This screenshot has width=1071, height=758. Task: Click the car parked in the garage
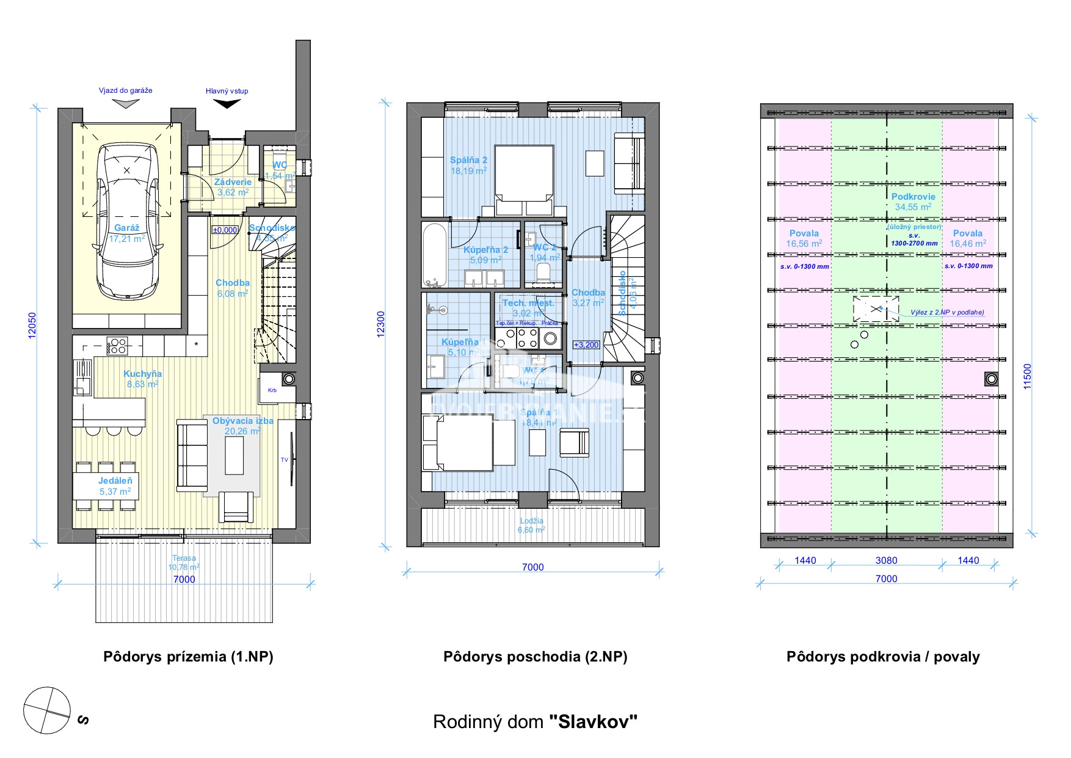coord(127,221)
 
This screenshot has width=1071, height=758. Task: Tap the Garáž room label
coord(127,228)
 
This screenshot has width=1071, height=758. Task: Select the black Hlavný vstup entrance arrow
coord(227,104)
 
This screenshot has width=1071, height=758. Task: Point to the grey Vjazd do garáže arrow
coord(126,104)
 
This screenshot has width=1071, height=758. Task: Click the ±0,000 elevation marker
coord(225,230)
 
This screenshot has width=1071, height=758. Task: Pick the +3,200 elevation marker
coord(586,345)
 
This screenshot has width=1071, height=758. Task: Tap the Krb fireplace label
coord(272,390)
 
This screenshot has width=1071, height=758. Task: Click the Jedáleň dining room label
coord(115,481)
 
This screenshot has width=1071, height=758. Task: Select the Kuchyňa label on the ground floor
coord(142,374)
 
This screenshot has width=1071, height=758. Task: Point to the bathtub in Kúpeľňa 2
coord(434,255)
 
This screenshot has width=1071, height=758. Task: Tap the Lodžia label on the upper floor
coord(531,521)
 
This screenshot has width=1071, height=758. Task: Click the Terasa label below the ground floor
coord(184,558)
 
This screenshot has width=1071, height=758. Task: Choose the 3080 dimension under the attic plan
coord(886,561)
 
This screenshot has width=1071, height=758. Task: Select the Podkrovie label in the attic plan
coord(913,197)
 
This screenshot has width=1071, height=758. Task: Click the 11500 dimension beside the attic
coord(1028,376)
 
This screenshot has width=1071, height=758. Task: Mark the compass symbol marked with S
coord(47,710)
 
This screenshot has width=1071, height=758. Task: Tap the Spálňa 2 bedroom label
coord(468,160)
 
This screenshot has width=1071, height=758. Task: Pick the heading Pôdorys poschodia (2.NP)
coord(535,657)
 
